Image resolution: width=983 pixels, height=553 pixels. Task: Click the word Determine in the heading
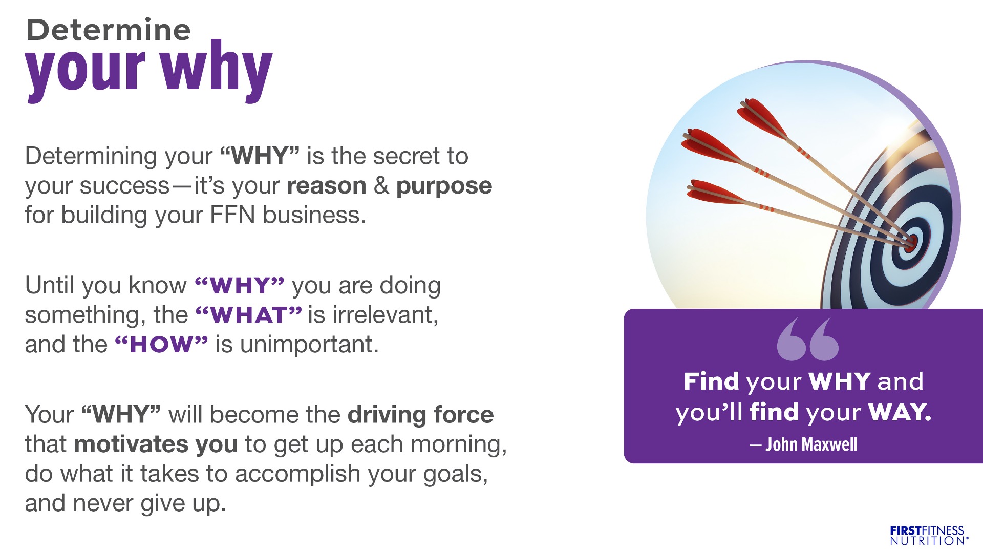(108, 30)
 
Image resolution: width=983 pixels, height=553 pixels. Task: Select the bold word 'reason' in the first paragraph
(327, 185)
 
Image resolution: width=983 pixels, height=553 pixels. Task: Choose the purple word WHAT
(249, 315)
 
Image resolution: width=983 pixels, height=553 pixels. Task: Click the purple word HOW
(161, 345)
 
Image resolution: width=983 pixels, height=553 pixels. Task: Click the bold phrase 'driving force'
(421, 415)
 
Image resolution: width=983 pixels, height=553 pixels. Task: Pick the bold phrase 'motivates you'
(156, 444)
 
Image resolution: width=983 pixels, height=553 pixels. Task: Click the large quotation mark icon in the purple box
(808, 339)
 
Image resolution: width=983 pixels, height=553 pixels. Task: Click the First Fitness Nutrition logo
(929, 535)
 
